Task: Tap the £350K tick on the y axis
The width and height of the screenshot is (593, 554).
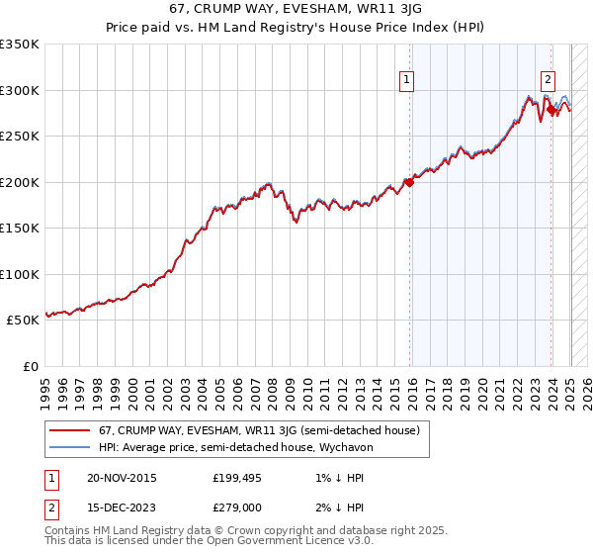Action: [20, 45]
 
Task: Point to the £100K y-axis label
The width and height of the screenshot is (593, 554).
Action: [20, 274]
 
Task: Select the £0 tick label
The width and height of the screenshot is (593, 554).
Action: [30, 366]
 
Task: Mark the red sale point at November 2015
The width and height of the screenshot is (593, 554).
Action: [409, 182]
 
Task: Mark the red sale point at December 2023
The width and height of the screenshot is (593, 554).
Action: [551, 110]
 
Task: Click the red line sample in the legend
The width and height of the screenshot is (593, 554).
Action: [69, 430]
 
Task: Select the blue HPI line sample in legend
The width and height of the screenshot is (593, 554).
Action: [69, 447]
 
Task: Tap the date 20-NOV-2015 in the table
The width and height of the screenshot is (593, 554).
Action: [122, 478]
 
